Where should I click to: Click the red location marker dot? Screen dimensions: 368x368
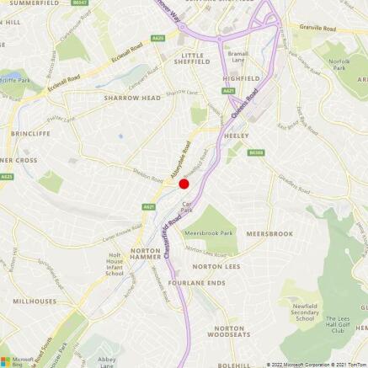click(184, 184)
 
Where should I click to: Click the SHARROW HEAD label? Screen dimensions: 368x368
click(132, 98)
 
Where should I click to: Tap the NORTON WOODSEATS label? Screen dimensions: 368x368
click(229, 332)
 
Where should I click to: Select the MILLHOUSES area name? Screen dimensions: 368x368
click(35, 301)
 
